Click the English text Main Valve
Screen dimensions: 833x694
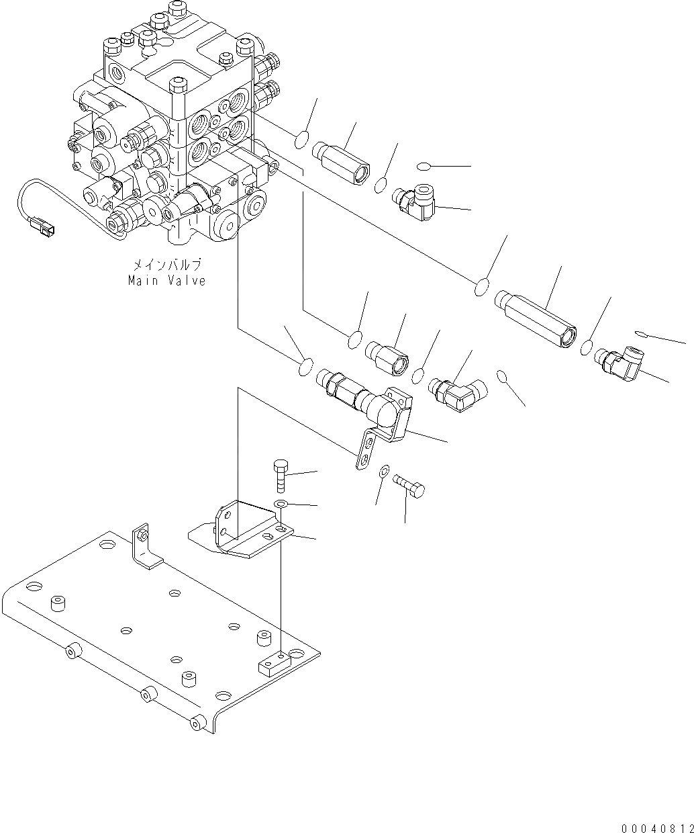pos(166,281)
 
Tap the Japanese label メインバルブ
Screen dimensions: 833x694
pos(166,266)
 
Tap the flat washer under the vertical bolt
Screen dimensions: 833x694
pos(281,504)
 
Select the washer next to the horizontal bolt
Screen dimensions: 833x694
pos(384,470)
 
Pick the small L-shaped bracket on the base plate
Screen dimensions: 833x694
pos(145,545)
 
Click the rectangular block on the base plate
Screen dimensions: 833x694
pos(273,661)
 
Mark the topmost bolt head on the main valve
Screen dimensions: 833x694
pos(175,8)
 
